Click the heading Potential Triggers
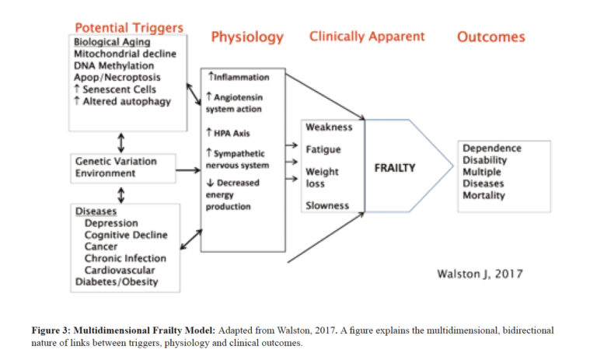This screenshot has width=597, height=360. click(x=128, y=27)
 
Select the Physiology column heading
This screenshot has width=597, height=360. click(x=247, y=37)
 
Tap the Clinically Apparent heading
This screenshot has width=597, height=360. click(x=367, y=36)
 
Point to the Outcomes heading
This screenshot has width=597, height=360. click(x=491, y=37)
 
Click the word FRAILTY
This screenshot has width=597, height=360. click(x=395, y=167)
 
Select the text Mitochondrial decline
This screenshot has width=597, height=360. click(x=125, y=54)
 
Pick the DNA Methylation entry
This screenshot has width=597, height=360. click(x=111, y=66)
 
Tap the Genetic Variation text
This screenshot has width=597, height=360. click(x=115, y=161)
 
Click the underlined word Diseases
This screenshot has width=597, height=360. click(x=96, y=211)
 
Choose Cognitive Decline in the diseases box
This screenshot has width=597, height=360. click(x=124, y=235)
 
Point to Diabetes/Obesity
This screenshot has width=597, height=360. click(x=116, y=281)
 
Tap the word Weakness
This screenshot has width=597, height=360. click(x=329, y=127)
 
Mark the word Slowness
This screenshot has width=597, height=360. click(x=327, y=206)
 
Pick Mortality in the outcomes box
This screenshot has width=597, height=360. click(x=484, y=195)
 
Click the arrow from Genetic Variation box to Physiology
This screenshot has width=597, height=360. click(x=187, y=170)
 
